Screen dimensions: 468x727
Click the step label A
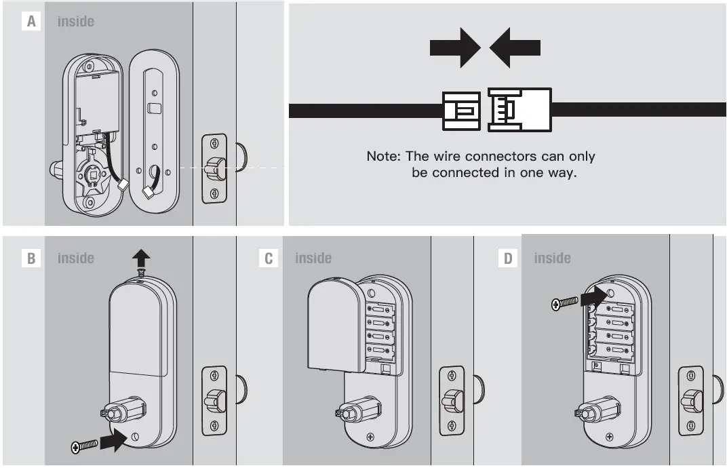[31, 22]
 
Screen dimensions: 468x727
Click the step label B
[31, 258]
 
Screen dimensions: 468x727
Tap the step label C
[269, 258]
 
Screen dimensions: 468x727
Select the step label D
[508, 258]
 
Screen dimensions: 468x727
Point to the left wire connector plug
[461, 110]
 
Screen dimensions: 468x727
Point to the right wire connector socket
[519, 110]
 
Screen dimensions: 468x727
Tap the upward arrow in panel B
[141, 258]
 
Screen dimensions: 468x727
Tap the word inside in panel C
[313, 258]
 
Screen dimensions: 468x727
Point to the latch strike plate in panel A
[214, 168]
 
